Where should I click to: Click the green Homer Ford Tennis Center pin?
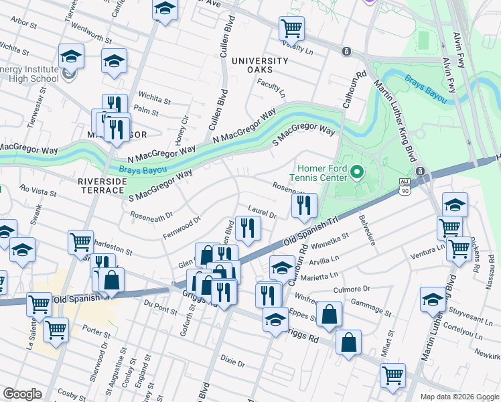point(357,174)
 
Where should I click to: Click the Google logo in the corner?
point(22,394)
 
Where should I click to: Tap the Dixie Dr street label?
point(233,362)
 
